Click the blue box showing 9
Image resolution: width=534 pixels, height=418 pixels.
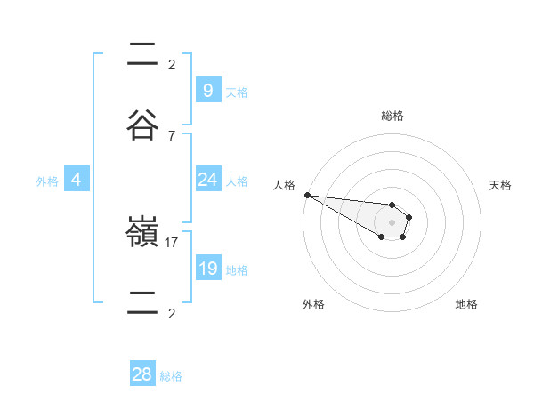point(207,90)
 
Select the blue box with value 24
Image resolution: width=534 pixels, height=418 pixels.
point(207,180)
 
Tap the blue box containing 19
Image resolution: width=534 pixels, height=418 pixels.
point(207,269)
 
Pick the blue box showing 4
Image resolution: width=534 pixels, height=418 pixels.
point(76,180)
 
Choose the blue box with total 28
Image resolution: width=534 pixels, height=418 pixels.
point(142,374)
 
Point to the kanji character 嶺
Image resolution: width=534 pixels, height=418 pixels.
point(143,233)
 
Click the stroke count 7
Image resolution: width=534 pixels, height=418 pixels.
point(172,136)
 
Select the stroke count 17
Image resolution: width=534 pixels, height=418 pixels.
point(172,242)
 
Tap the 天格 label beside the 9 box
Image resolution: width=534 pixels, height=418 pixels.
point(236,92)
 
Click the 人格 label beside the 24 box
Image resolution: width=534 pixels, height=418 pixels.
point(236,181)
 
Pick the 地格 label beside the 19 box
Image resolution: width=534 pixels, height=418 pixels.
point(236,270)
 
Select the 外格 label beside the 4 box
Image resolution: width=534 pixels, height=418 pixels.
point(47,181)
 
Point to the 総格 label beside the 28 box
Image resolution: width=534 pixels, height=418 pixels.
point(171,376)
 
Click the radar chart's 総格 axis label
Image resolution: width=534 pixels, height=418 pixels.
point(392,116)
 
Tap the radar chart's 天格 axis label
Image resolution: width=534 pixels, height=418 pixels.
point(500,185)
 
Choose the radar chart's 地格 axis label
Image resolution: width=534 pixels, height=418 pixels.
point(466,304)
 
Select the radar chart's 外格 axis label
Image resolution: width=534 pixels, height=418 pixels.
point(313,304)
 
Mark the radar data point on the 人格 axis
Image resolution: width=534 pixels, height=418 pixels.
point(307,195)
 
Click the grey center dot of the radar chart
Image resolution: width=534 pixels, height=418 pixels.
point(392,221)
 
